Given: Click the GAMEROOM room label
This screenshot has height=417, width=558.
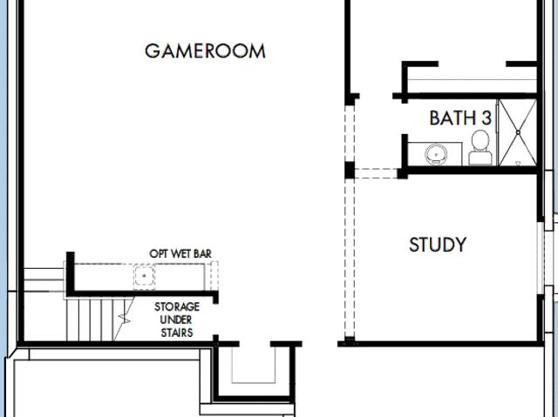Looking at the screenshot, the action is coord(205,50).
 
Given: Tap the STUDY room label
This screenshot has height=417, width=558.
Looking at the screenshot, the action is coord(438,245).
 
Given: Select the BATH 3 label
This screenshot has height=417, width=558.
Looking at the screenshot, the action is coord(460,118).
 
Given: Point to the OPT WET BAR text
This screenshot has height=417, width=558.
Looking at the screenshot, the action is coord(180,253).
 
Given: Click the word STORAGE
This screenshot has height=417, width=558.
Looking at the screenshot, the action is coord(177,306).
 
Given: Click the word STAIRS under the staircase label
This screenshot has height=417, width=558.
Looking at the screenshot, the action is coord(177,333).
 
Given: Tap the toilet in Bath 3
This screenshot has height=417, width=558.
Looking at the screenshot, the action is coord(480,147).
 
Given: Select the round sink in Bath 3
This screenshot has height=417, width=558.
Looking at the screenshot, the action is coord(436,154).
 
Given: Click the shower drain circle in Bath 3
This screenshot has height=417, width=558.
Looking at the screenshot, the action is coord(518,132).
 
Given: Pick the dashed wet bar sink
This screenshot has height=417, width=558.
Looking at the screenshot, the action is coord(144,276).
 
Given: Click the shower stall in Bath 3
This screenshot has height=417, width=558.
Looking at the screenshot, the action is coord(517,132).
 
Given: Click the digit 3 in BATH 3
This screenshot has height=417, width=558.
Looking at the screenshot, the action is coord(487,118).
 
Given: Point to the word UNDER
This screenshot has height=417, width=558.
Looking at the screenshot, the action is coord(176,319).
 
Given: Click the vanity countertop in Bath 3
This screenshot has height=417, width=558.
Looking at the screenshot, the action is coord(434,154).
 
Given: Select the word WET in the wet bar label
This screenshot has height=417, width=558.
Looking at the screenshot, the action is coord(181,253).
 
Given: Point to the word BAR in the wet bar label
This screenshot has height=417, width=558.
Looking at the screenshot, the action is coord(203,253).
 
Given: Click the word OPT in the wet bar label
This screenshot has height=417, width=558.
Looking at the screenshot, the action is coord(159,253).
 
